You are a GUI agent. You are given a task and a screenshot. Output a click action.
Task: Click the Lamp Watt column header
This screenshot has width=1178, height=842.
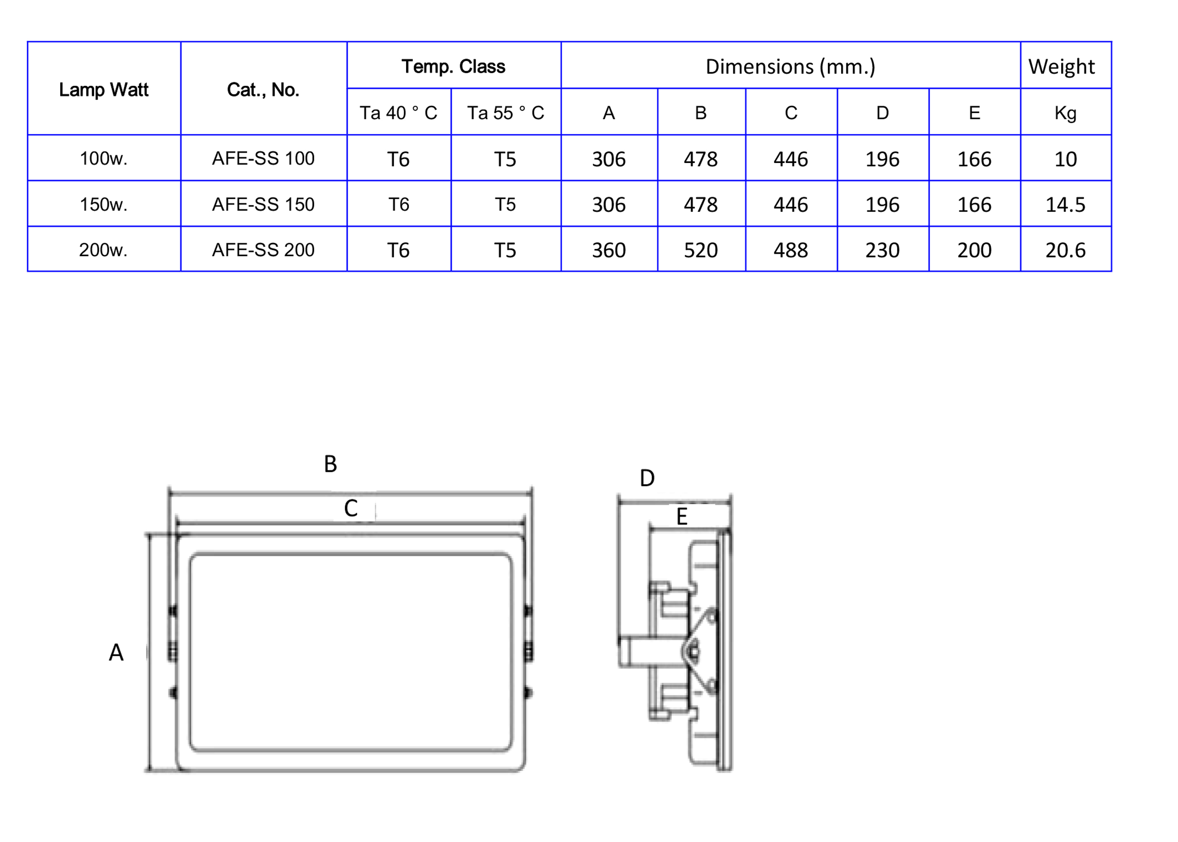pos(104,90)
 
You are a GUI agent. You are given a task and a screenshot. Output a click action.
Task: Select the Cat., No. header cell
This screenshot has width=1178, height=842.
pos(263,90)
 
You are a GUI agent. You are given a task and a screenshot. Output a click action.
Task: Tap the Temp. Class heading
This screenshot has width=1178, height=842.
pos(453,67)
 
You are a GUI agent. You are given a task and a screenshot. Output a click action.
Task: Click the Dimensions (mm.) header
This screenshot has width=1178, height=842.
pos(790,67)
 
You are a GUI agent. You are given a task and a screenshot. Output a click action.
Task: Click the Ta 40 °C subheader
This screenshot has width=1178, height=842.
pos(398,113)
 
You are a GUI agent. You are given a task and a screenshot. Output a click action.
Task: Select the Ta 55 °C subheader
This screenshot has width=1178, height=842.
pos(505,113)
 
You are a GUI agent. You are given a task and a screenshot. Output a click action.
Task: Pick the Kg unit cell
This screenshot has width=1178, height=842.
pos(1065,113)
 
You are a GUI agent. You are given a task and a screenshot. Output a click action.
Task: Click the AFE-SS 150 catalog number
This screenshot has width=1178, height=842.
pos(263,204)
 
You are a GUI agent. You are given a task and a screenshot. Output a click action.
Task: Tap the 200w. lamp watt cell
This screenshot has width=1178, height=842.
pos(103,250)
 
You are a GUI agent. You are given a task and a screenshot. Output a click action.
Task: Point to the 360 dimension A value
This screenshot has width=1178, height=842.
pos(608,250)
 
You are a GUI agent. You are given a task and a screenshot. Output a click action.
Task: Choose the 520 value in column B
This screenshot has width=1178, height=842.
pos(700,250)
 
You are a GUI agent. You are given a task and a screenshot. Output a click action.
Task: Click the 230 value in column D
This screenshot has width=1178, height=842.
pos(882,250)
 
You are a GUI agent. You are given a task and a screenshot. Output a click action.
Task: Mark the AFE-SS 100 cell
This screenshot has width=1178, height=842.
pos(263,158)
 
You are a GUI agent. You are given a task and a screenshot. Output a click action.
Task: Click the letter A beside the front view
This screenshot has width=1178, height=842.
pos(116,652)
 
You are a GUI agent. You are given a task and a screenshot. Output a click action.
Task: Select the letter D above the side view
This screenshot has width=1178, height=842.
pos(647,478)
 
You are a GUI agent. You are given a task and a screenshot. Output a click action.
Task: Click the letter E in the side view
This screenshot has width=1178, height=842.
pos(682,517)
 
